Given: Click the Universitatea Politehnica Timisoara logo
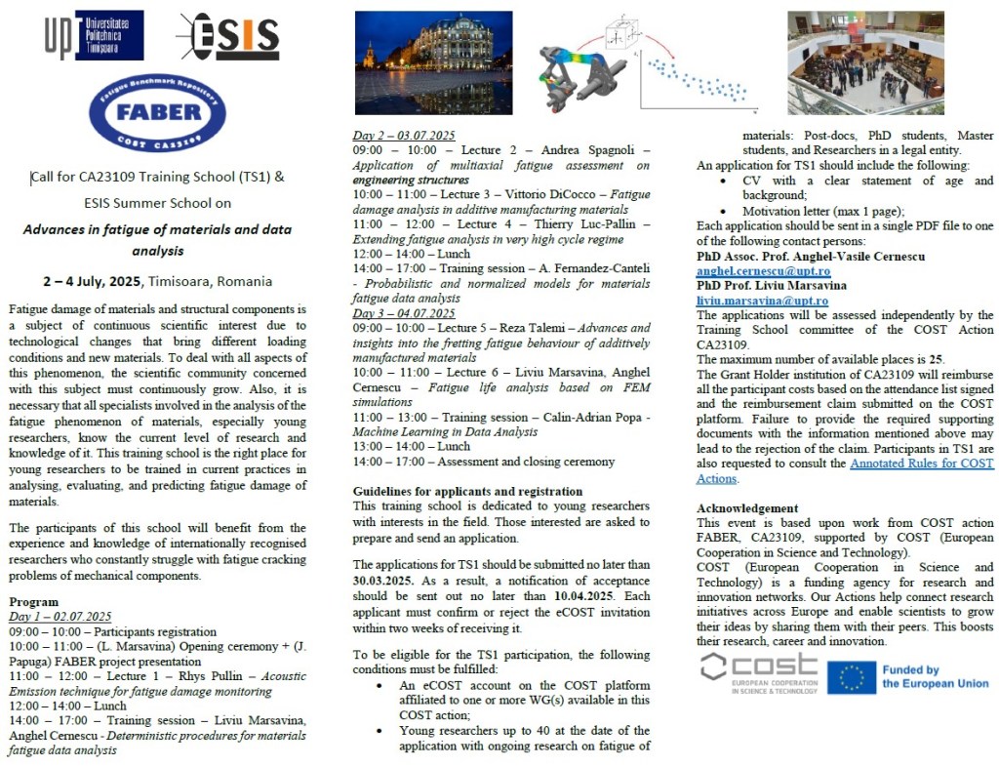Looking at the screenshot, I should [94, 35].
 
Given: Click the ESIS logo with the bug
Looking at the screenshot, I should [227, 37].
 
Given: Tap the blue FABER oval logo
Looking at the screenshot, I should [156, 113].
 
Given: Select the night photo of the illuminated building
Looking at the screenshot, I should [432, 62].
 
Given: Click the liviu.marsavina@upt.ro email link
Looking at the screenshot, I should [762, 301].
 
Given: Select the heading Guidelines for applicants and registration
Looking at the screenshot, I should [467, 491].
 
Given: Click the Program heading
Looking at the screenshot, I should [33, 602].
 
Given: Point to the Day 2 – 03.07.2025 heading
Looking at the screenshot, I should [403, 136].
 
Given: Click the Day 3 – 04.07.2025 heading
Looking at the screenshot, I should [403, 313].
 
